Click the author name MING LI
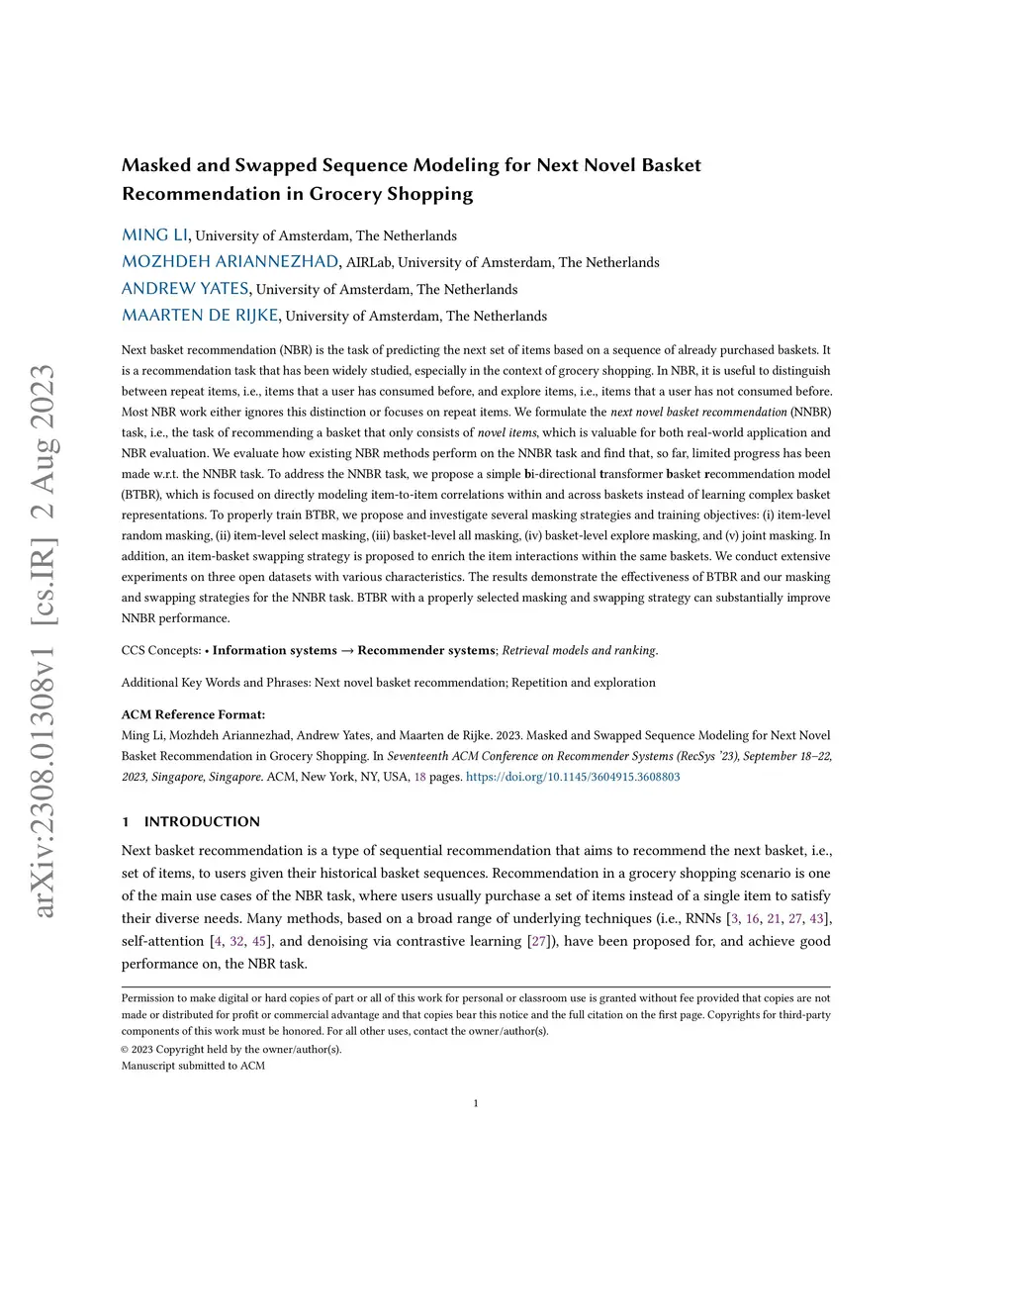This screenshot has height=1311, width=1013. [x=154, y=235]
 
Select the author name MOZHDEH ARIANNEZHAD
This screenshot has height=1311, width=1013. [x=230, y=262]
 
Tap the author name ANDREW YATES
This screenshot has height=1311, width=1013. [x=185, y=289]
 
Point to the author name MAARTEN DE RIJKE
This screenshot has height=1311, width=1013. [x=200, y=316]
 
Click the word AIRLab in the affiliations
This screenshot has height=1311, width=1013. [x=369, y=262]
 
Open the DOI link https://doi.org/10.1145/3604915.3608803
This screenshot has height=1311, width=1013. [x=573, y=777]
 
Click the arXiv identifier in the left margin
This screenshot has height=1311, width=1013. [x=45, y=641]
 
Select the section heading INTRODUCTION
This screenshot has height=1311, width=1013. [x=202, y=821]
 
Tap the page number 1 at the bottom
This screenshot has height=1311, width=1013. [x=476, y=1103]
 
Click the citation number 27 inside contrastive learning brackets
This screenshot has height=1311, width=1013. [x=539, y=941]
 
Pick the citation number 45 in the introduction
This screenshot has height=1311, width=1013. [x=259, y=941]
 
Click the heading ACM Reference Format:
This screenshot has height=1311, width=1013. [x=193, y=714]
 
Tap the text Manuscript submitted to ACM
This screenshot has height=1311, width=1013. [x=193, y=1066]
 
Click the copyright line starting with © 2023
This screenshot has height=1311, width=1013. [x=231, y=1049]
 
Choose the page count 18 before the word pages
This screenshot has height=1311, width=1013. [x=419, y=777]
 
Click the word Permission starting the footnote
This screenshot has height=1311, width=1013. [x=147, y=998]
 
